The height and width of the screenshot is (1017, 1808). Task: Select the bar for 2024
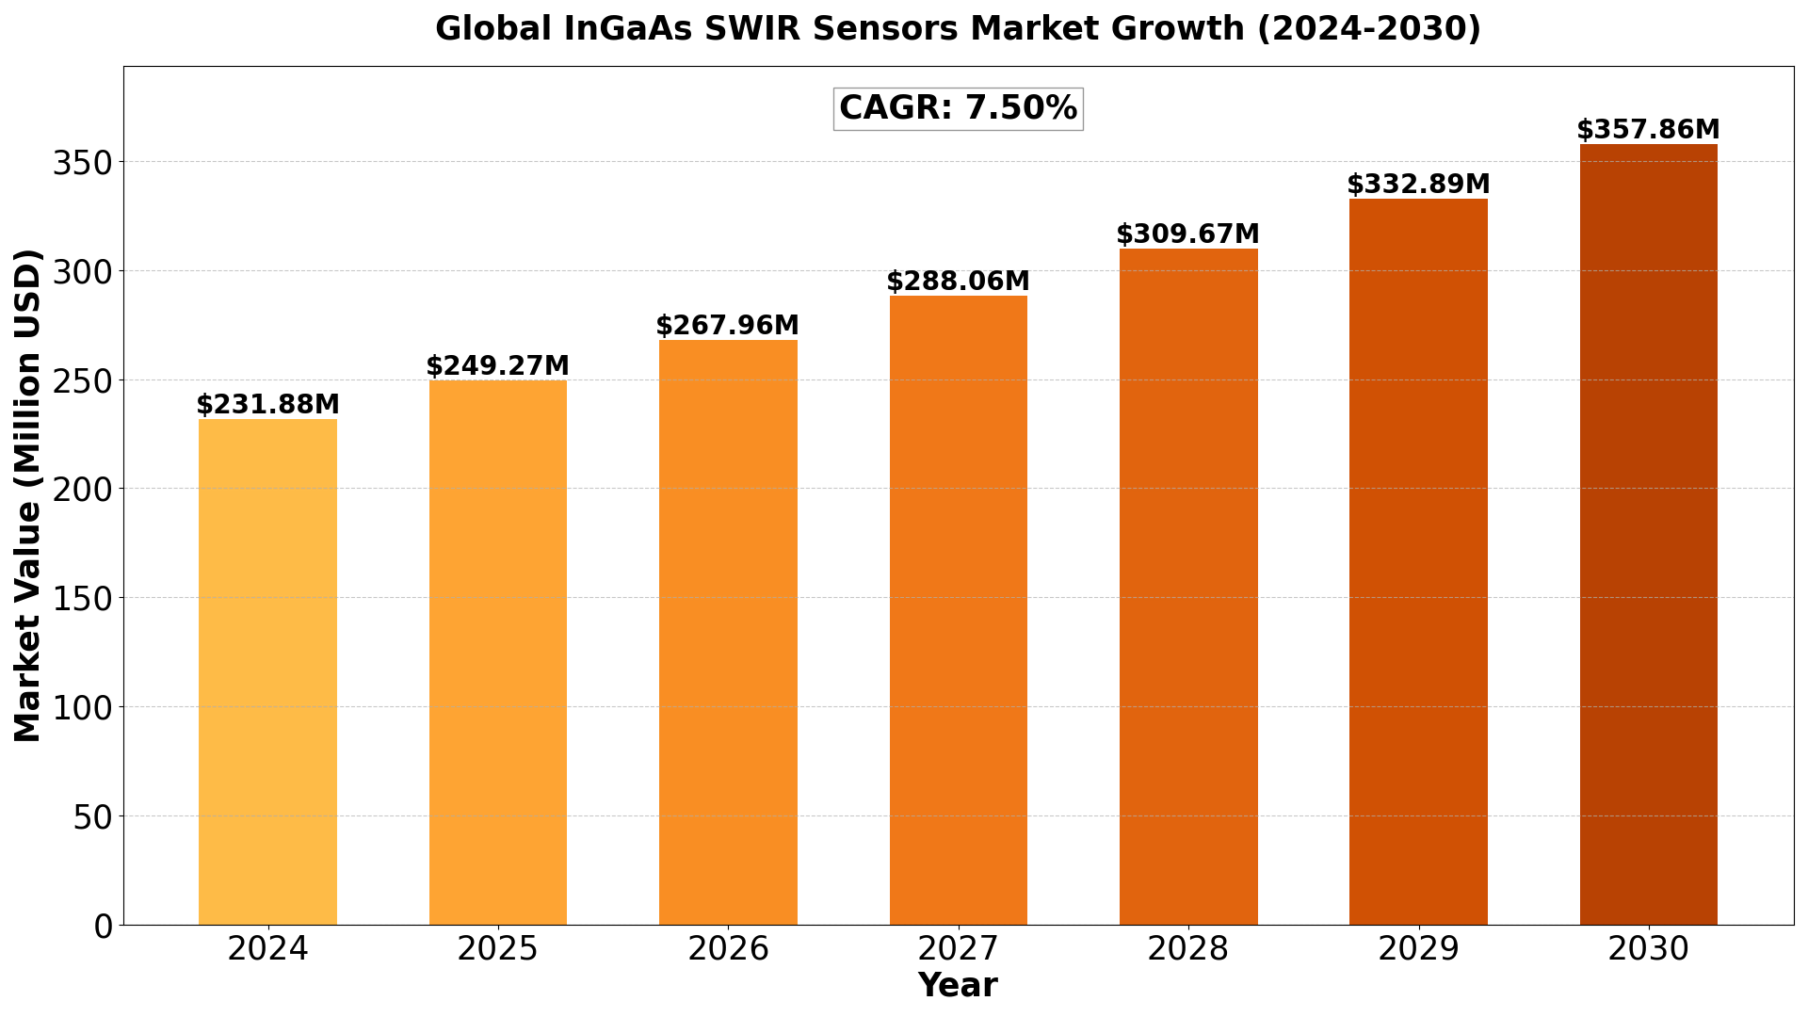point(267,671)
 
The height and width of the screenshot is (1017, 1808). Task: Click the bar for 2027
point(958,610)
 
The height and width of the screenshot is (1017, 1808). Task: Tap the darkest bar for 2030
point(1648,534)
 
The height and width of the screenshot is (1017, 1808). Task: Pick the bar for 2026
point(728,632)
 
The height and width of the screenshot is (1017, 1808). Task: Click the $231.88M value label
point(267,405)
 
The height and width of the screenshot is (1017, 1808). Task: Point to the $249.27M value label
point(497,366)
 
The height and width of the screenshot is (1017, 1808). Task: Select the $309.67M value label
point(1187,234)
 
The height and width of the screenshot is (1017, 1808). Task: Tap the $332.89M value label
point(1418,185)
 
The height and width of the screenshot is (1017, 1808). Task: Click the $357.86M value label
point(1648,130)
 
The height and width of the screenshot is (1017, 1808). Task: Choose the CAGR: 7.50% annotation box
point(958,108)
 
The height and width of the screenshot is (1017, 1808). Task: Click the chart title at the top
point(958,29)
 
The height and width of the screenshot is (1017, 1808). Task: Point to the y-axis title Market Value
point(28,495)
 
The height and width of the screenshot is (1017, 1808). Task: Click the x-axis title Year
point(958,986)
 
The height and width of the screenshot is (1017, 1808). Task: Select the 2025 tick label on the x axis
point(497,949)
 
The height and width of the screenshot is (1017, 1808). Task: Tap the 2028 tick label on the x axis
point(1187,949)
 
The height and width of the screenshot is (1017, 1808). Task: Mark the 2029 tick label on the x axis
point(1418,949)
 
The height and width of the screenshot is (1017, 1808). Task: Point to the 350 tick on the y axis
point(83,163)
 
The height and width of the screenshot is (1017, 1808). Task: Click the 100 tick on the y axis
point(83,707)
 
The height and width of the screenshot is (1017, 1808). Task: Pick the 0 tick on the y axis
point(103,926)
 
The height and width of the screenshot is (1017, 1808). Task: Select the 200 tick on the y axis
point(83,490)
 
